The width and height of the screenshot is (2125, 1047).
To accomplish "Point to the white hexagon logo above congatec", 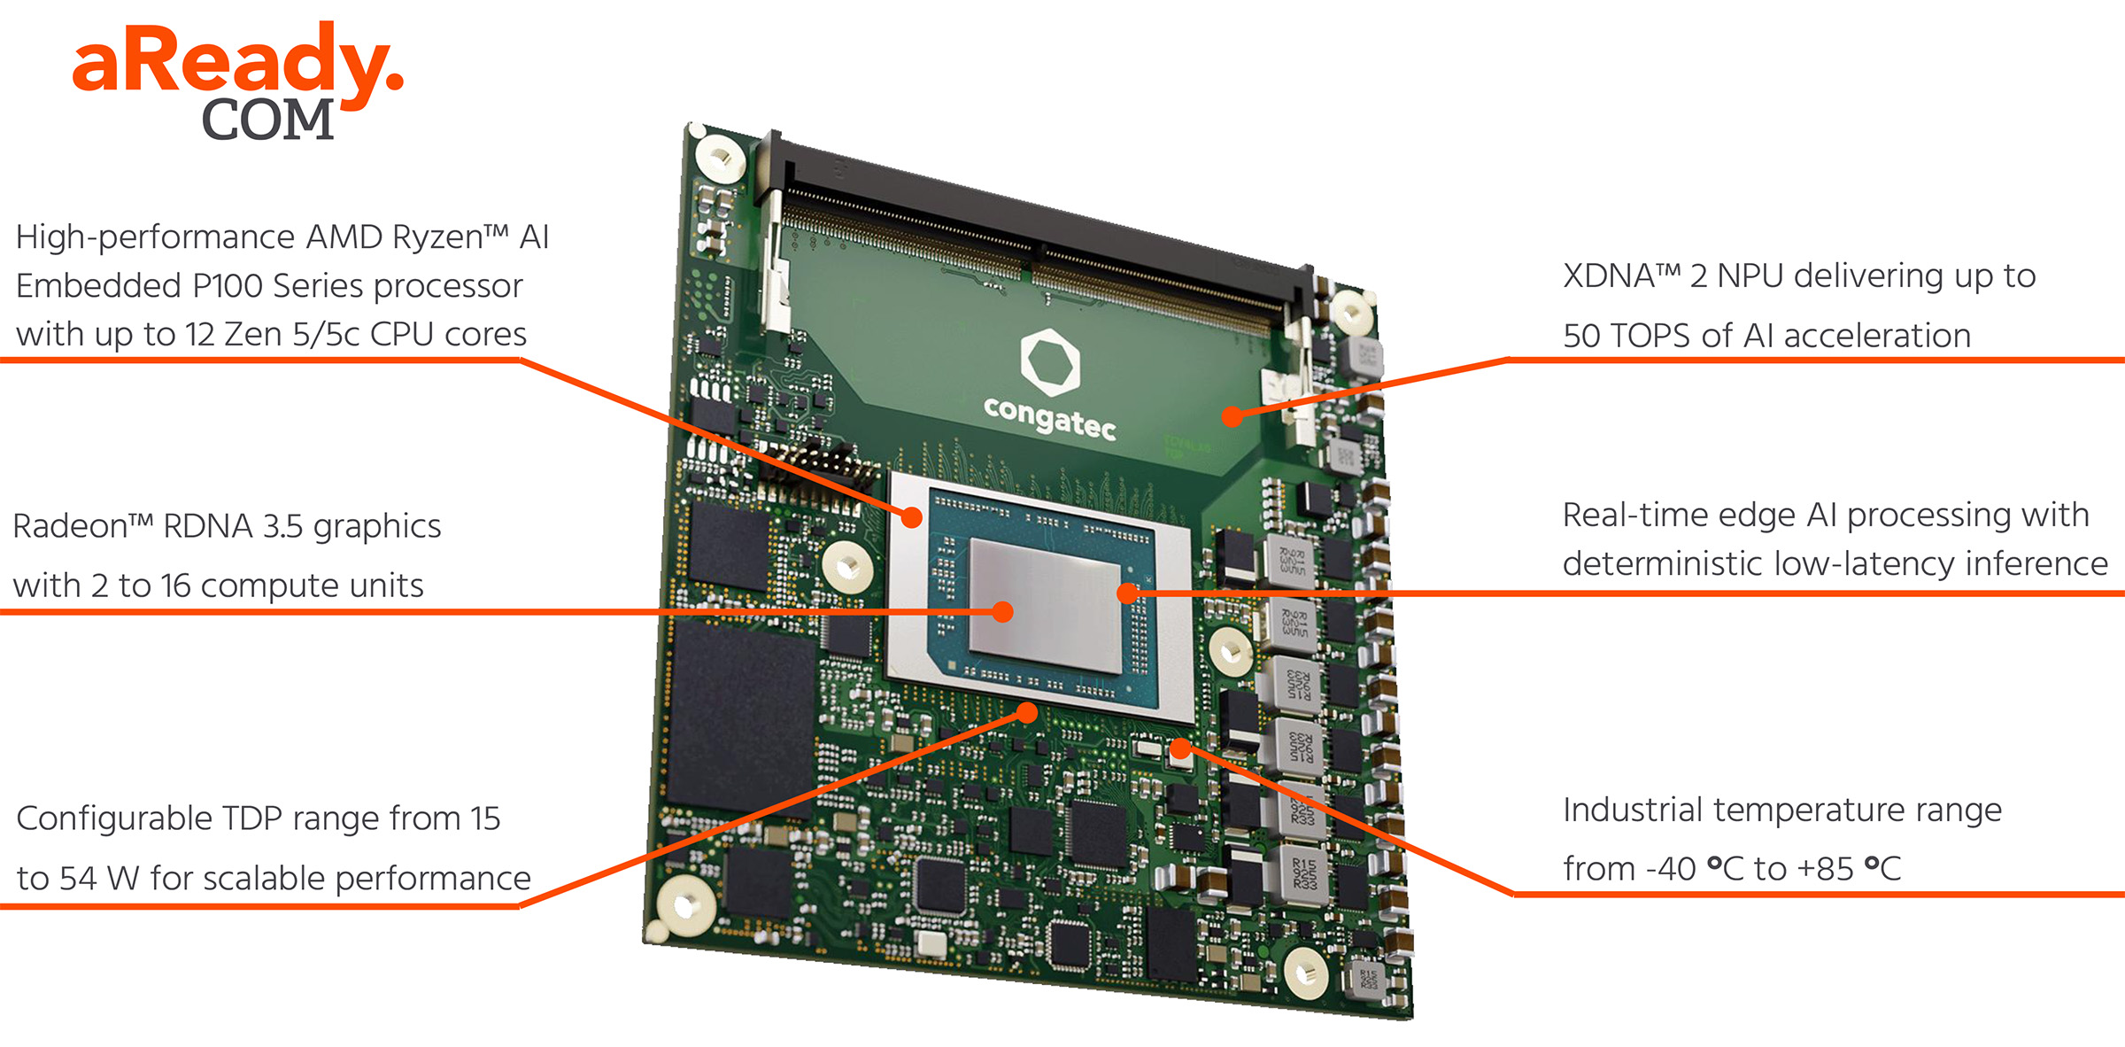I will point(1050,361).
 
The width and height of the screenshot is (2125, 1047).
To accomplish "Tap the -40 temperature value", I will point(1670,870).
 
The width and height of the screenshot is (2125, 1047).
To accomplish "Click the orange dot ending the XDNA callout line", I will point(1232,415).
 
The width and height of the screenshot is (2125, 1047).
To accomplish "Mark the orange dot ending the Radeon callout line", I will point(1002,612).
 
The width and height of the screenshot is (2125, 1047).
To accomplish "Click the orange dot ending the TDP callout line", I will point(1027,712).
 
